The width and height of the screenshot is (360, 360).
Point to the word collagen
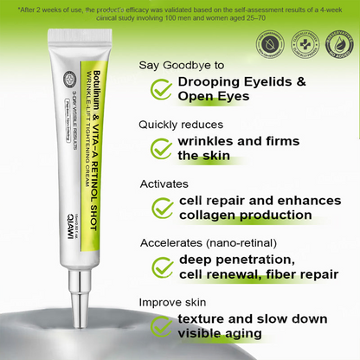(208, 215)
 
